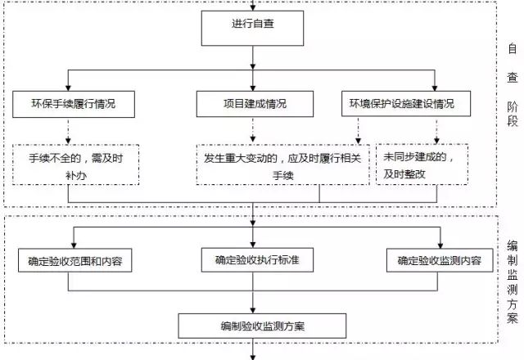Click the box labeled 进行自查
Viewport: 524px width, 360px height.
tap(252, 25)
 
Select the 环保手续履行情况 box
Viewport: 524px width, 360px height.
tap(73, 104)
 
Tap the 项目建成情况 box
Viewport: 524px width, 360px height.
tap(255, 104)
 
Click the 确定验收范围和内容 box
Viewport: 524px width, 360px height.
tap(75, 261)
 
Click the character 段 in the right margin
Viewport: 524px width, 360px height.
tap(512, 122)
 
